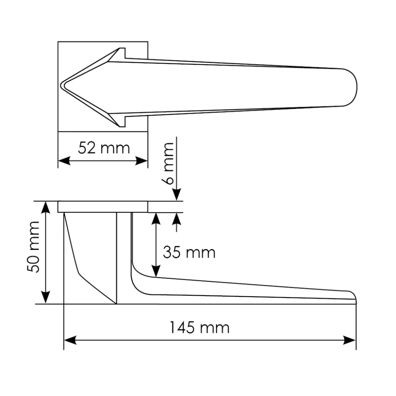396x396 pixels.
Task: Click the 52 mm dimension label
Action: click(x=104, y=148)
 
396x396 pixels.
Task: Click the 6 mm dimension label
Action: click(x=167, y=164)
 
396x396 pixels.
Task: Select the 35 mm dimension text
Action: click(x=189, y=252)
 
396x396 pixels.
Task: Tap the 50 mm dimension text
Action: click(x=33, y=247)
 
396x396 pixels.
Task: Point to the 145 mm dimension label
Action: click(x=199, y=328)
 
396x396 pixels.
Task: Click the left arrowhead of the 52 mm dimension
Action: click(x=64, y=160)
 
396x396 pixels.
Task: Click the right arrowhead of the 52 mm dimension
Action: click(x=142, y=160)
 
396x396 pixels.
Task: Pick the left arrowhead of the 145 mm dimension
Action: click(x=70, y=340)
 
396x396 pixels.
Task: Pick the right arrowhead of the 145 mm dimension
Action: click(x=350, y=340)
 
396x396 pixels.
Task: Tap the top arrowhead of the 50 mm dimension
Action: click(x=46, y=208)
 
